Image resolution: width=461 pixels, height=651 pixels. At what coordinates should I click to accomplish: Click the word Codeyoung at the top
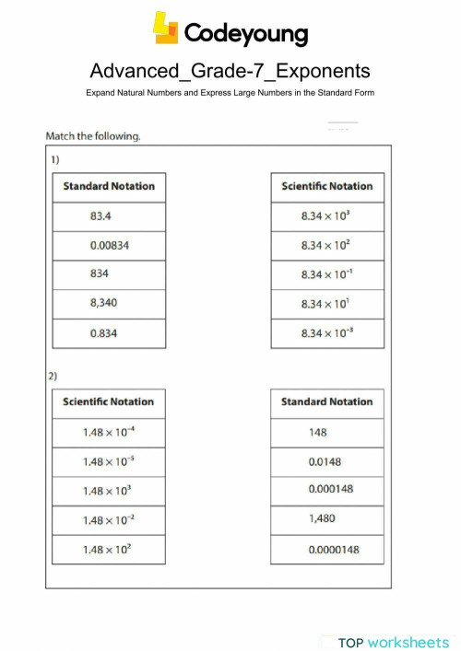coord(246,34)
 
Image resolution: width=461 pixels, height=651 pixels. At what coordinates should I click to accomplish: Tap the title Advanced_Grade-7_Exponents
coord(230,71)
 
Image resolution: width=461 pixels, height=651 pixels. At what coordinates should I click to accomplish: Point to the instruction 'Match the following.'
coord(93,136)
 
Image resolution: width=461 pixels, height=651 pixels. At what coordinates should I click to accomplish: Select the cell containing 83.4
coord(109,216)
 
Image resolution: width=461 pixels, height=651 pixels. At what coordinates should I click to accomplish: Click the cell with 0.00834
coord(109,246)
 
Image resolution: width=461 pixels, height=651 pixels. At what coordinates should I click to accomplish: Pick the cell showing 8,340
coord(109,304)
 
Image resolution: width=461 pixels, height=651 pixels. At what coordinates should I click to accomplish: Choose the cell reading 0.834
coord(109,333)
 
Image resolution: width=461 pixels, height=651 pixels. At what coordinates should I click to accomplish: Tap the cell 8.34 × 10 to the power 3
coord(326,216)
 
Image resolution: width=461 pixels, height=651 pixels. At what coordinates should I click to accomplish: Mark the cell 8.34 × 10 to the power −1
coord(326,274)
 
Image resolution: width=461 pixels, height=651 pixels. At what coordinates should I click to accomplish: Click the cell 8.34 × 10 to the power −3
coord(326,333)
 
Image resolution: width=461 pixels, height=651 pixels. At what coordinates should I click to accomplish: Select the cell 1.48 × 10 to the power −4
coord(109,432)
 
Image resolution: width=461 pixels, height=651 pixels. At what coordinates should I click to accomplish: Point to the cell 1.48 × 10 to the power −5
coord(109,461)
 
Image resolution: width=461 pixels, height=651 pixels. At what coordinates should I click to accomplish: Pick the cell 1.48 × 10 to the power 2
coord(109,550)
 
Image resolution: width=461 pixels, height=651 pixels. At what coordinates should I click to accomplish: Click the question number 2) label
coord(54,377)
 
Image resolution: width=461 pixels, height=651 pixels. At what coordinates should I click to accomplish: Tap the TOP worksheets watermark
coord(395,641)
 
